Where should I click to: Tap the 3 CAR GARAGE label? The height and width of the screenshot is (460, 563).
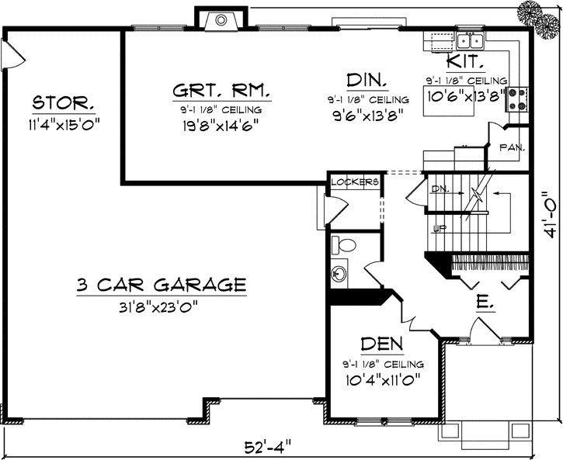click(162, 285)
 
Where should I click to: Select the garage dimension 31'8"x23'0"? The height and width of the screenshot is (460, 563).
click(162, 305)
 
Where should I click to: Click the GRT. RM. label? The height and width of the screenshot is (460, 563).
click(221, 92)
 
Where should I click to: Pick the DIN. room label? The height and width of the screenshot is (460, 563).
click(367, 81)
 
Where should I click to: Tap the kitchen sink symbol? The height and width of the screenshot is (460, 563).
click(470, 41)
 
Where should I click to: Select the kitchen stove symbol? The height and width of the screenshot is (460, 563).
click(517, 98)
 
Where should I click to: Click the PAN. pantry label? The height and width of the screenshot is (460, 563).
click(510, 147)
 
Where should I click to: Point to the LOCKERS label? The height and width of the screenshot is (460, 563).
click(354, 182)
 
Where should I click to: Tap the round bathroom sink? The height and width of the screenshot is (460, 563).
click(339, 274)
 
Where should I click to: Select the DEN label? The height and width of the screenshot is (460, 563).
click(381, 343)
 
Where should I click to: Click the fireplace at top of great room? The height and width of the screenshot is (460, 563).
click(221, 19)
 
